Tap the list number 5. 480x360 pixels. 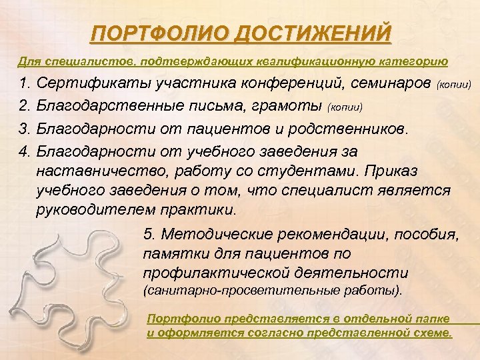148,234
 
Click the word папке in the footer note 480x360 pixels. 430,319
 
